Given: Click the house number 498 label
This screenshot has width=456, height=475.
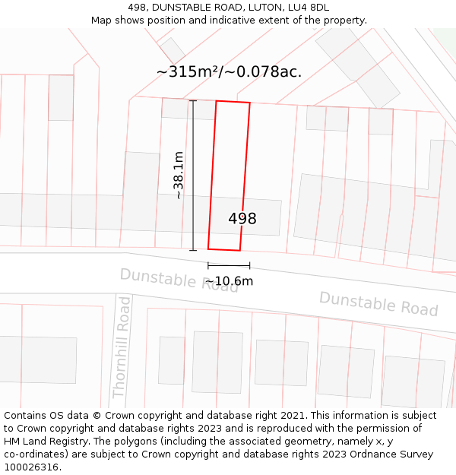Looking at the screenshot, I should click(x=242, y=219).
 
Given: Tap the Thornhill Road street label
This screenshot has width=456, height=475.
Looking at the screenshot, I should click(x=122, y=347).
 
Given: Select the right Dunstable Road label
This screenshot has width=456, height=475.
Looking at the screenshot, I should click(x=378, y=303).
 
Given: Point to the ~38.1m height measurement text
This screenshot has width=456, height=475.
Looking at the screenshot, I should click(x=179, y=176).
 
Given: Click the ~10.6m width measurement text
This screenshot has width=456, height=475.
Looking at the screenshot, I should click(x=229, y=281).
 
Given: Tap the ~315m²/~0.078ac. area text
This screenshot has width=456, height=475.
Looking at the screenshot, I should click(x=229, y=72).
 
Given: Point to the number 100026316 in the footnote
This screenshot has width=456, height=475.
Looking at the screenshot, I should click(x=30, y=467).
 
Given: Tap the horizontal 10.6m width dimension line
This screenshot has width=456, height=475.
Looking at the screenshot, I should click(x=229, y=266).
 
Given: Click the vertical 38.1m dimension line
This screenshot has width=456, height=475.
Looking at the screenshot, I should click(x=192, y=176).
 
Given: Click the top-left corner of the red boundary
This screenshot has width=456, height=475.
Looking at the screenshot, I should click(x=217, y=101).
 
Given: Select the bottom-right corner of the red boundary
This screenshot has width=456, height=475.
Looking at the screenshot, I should click(x=240, y=250).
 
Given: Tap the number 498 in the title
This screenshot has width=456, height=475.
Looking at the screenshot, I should click(x=138, y=8).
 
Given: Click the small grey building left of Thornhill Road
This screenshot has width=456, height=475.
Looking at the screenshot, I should click(x=38, y=359).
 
